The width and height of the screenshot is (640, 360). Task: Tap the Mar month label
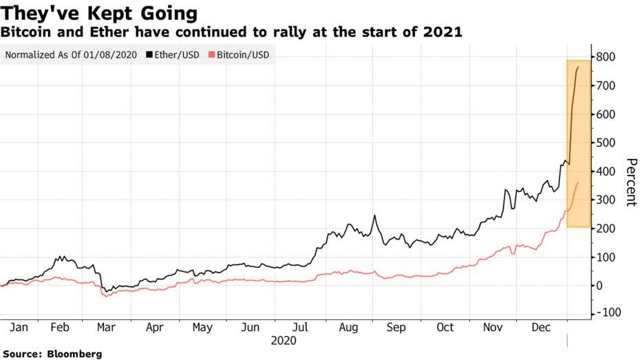(105, 328)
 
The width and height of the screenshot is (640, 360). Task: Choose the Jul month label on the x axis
(300, 328)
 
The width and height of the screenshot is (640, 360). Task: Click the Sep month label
(396, 328)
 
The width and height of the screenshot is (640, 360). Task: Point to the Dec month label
(542, 328)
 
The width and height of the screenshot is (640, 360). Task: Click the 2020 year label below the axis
(284, 341)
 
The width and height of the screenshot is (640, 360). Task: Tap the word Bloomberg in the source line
(75, 354)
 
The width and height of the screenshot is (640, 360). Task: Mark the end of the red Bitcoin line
(578, 182)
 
